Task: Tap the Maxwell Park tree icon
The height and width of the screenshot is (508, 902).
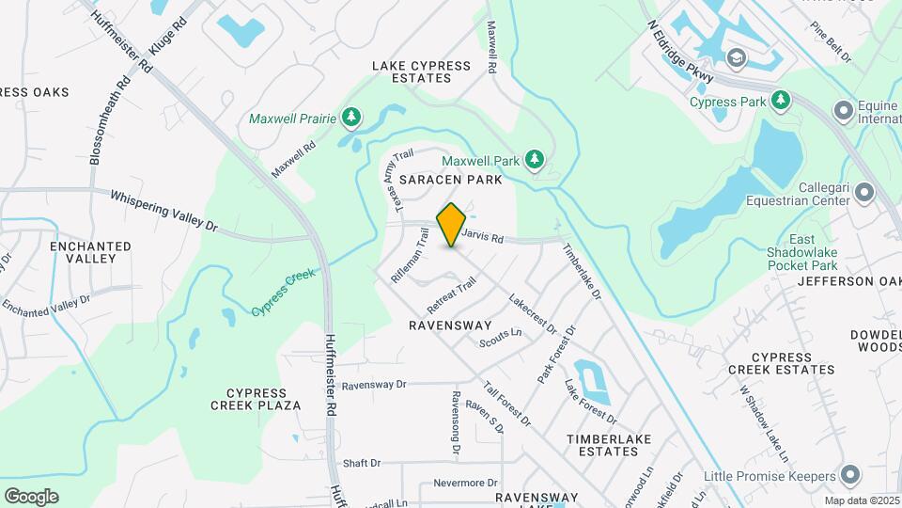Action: [x=535, y=159]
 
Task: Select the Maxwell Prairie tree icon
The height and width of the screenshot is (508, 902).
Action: [x=351, y=118]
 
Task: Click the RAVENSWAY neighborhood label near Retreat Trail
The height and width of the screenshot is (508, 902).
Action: [x=450, y=325]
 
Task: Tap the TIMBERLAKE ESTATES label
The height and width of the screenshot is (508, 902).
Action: [x=602, y=445]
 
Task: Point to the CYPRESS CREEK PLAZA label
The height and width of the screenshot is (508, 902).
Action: [x=263, y=399]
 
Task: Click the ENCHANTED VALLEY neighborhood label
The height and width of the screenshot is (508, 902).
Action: [x=90, y=252]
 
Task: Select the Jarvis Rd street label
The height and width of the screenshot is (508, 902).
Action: [x=485, y=238]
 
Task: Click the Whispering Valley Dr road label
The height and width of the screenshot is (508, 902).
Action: [x=163, y=213]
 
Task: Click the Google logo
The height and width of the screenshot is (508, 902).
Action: [x=31, y=496]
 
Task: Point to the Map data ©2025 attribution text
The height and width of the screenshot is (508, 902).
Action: [x=862, y=500]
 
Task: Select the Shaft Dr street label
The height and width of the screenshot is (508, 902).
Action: [x=362, y=463]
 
